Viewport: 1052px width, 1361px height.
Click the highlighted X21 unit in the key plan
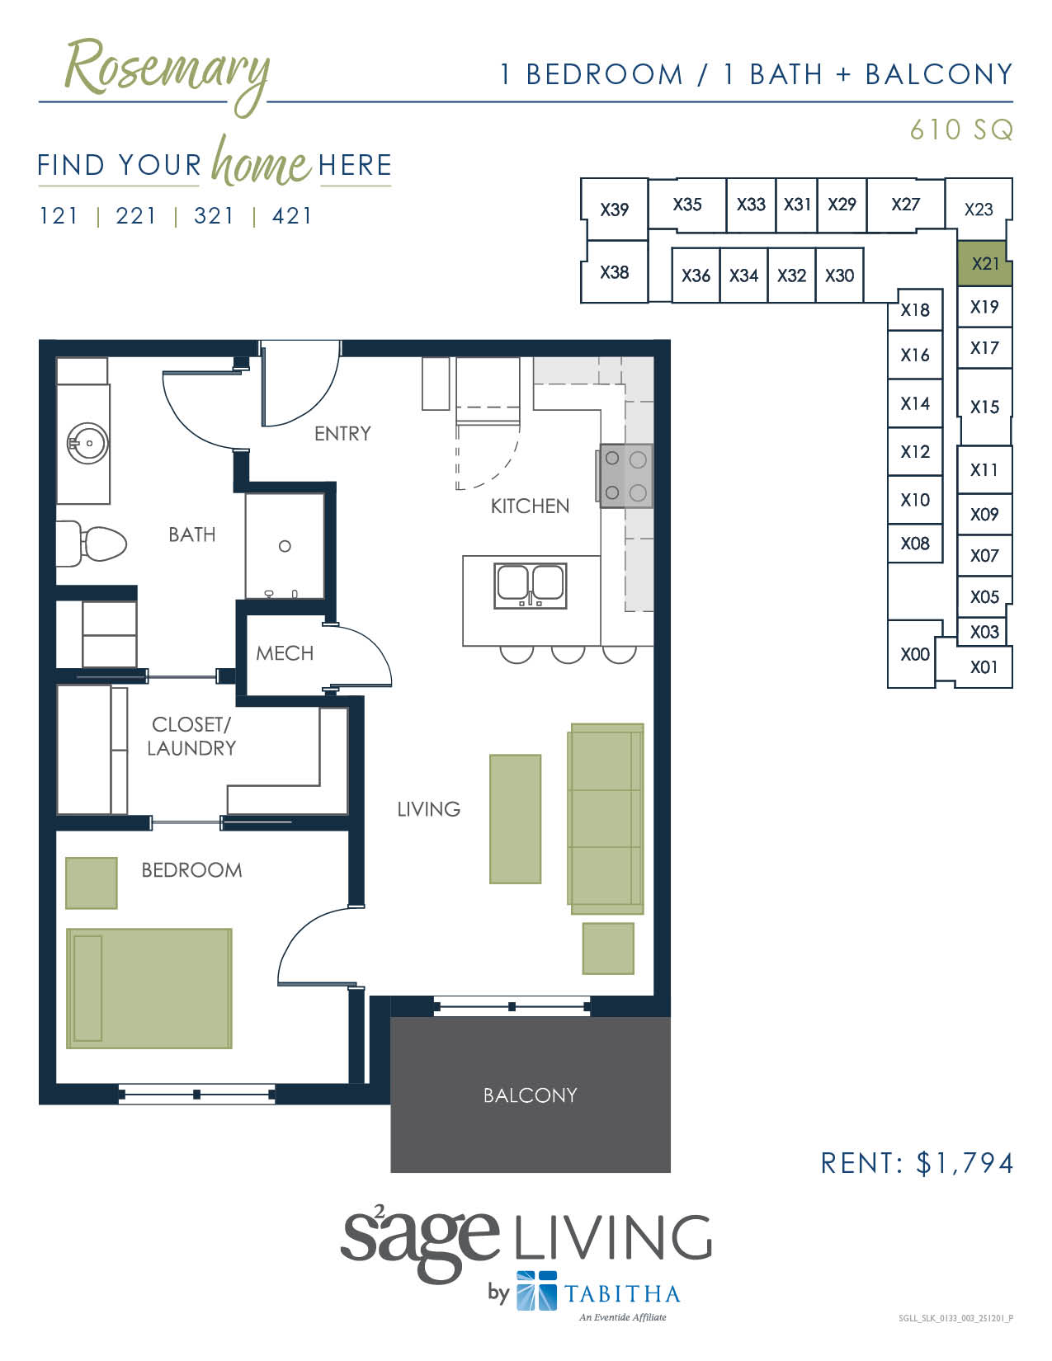pyautogui.click(x=984, y=264)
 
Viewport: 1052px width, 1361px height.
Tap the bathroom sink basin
pyautogui.click(x=87, y=444)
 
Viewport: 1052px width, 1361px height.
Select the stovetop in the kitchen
pyautogui.click(x=625, y=476)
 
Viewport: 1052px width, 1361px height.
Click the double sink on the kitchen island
pyautogui.click(x=530, y=585)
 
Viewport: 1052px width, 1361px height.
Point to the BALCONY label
pyautogui.click(x=530, y=1095)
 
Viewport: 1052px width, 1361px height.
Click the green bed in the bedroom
pyautogui.click(x=149, y=988)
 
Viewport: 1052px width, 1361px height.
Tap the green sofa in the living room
pyautogui.click(x=606, y=818)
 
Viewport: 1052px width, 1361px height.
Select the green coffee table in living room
pyautogui.click(x=515, y=819)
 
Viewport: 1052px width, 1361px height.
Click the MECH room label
pyautogui.click(x=285, y=653)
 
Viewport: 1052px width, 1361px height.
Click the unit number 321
pyautogui.click(x=214, y=216)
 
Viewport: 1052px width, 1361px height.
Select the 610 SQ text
pyautogui.click(x=960, y=130)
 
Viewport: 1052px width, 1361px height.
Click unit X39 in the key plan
pyautogui.click(x=614, y=210)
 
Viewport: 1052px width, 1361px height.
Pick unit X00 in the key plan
pyautogui.click(x=914, y=655)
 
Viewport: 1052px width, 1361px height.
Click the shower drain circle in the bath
pyautogui.click(x=285, y=546)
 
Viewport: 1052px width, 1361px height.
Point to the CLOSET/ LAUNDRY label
pyautogui.click(x=191, y=736)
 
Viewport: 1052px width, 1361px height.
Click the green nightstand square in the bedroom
pyautogui.click(x=91, y=883)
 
